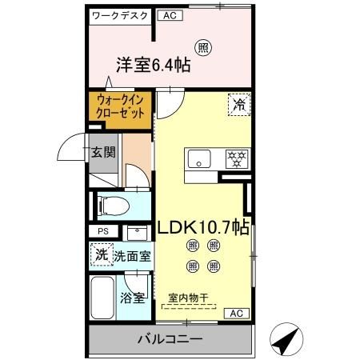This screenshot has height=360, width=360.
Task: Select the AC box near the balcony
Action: coord(236,313)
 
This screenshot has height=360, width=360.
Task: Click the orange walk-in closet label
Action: coord(121,108)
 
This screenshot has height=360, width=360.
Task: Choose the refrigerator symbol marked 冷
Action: coord(238,104)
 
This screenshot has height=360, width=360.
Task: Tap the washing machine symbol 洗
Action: coord(102,256)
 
